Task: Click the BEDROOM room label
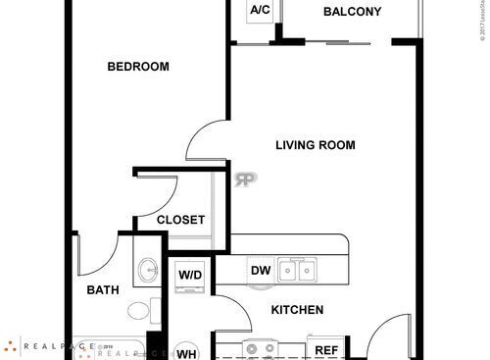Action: pyautogui.click(x=137, y=67)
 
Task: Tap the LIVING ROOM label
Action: pyautogui.click(x=315, y=145)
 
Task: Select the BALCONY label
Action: pyautogui.click(x=352, y=13)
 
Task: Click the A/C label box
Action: pyautogui.click(x=260, y=12)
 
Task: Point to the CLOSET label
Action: pyautogui.click(x=180, y=221)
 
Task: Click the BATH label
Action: pyautogui.click(x=103, y=290)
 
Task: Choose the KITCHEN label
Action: pyautogui.click(x=297, y=310)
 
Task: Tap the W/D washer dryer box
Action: pyautogui.click(x=190, y=276)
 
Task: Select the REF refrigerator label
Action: pyautogui.click(x=325, y=349)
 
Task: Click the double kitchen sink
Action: pyautogui.click(x=297, y=270)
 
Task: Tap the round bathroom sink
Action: pyautogui.click(x=148, y=269)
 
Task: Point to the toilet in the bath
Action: pyautogui.click(x=139, y=312)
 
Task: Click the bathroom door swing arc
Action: pyautogui.click(x=95, y=257)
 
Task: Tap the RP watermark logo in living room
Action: pyautogui.click(x=244, y=179)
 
